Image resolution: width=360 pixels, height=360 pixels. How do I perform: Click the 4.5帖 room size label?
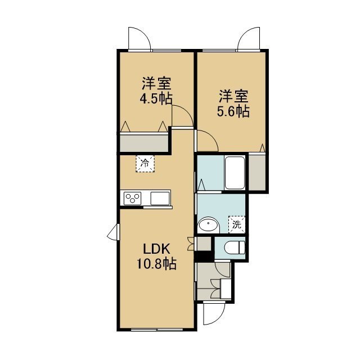point(156,99)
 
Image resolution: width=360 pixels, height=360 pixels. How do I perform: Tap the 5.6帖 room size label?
point(233,112)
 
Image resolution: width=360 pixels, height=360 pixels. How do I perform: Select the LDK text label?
point(157,249)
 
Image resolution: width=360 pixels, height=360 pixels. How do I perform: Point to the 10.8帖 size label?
point(157,264)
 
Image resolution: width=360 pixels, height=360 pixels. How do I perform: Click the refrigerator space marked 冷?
point(145,164)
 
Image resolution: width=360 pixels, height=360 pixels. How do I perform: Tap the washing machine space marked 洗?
point(237,224)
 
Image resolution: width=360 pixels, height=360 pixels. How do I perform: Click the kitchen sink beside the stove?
point(160,199)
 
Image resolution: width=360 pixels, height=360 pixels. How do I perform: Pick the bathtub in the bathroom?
point(235,173)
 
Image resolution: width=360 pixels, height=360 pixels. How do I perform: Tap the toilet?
point(234,247)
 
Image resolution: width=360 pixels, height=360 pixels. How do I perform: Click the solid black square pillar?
point(204,256)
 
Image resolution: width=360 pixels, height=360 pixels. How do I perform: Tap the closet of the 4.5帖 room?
point(144,143)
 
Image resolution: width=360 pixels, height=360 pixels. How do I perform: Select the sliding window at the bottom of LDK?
point(157,330)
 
